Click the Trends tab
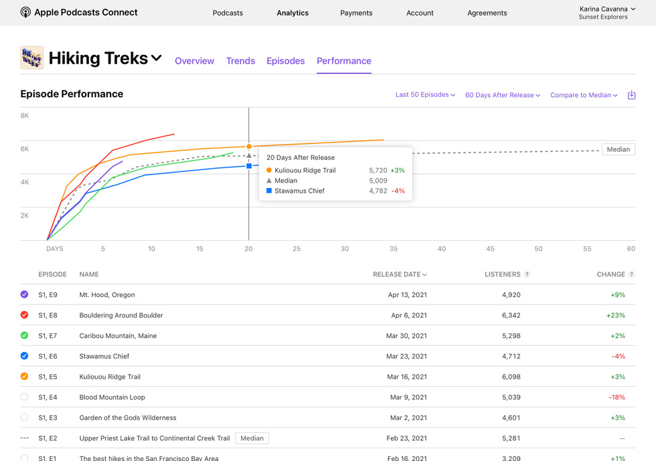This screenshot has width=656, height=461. [x=240, y=61]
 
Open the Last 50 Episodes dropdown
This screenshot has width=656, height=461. [x=425, y=95]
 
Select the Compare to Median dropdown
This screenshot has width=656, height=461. [x=584, y=95]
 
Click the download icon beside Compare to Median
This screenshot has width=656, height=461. [x=631, y=95]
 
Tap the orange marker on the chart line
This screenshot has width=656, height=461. [x=249, y=147]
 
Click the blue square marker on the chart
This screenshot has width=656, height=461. [x=249, y=166]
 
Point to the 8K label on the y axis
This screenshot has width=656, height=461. [x=25, y=116]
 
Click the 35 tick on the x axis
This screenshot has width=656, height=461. [x=394, y=249]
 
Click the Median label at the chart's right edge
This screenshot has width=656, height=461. [x=618, y=149]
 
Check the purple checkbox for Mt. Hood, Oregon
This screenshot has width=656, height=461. [x=25, y=294]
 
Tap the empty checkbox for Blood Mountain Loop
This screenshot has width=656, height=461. [x=25, y=397]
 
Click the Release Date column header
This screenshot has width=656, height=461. [x=400, y=274]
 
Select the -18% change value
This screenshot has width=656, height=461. [x=617, y=397]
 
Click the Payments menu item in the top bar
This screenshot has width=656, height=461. [x=356, y=13]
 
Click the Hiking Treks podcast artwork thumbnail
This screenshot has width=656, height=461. [x=32, y=58]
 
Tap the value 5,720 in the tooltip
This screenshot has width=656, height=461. [x=378, y=171]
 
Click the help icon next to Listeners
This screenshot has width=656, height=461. [x=527, y=274]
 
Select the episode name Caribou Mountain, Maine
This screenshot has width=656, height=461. [x=118, y=336]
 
